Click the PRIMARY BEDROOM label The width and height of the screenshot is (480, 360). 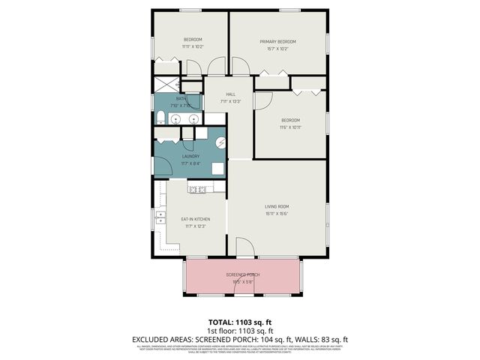277,41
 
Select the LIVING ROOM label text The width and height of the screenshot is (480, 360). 277,206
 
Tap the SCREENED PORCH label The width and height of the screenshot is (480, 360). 242,275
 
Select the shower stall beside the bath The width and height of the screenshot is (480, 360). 166,85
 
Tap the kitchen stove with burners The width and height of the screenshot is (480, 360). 197,190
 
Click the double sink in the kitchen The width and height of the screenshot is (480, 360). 161,219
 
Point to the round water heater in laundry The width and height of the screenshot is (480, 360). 220,142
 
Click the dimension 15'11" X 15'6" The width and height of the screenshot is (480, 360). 277,214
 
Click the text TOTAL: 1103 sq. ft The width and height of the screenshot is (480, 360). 239,321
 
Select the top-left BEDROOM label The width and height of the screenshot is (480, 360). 193,40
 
